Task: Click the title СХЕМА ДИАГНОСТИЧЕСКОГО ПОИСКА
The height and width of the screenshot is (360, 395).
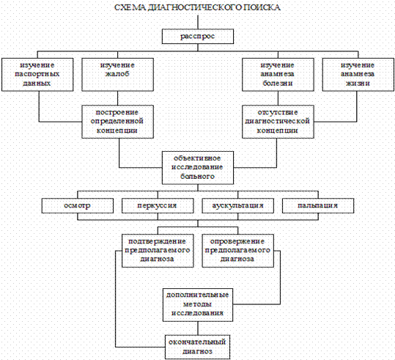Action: [198, 7]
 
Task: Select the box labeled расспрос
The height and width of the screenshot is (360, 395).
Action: [198, 37]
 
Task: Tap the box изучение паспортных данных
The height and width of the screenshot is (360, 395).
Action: [37, 75]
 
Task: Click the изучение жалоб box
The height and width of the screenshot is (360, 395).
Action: [118, 75]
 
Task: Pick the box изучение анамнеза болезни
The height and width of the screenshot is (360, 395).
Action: [278, 75]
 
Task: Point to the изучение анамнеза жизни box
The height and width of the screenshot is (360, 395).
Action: [358, 75]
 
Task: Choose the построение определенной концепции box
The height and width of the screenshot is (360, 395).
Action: [118, 122]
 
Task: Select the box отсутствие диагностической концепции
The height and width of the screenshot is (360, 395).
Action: [278, 122]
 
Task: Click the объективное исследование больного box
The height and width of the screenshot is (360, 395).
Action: [198, 168]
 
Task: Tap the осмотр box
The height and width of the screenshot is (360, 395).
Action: [78, 206]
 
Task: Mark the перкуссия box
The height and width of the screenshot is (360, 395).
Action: [158, 206]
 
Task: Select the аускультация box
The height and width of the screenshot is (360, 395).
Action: [237, 206]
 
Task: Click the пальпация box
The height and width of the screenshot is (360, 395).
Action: [318, 206]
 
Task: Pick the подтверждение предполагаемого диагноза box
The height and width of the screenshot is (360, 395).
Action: [158, 251]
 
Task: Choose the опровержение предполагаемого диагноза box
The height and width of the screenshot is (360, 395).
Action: [237, 251]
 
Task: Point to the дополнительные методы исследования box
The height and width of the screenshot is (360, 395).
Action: [198, 305]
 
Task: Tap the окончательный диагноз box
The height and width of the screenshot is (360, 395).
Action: [198, 347]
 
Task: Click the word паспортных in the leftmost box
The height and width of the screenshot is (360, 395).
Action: [37, 75]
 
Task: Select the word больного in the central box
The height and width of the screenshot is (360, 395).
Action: [197, 176]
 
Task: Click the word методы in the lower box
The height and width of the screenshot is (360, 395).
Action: [197, 304]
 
